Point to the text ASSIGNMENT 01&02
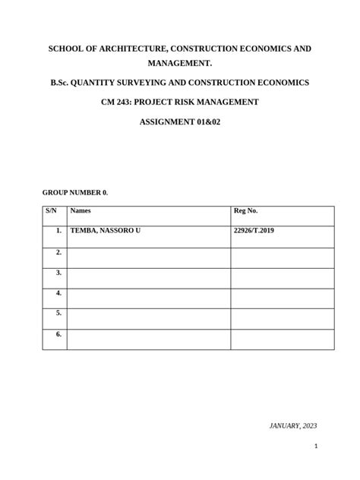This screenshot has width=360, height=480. [179, 122]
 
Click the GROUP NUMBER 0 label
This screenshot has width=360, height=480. [75, 193]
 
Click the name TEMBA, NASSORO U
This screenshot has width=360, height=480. [105, 230]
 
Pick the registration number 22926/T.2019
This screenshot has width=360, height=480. [254, 230]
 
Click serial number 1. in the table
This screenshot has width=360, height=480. [58, 230]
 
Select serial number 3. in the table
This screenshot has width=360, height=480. [58, 272]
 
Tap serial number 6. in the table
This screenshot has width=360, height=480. [58, 333]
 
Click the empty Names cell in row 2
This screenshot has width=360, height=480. [148, 257]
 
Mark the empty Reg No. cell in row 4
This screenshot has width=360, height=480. [282, 298]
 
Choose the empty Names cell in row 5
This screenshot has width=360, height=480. [148, 319]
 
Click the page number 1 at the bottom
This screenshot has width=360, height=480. [315, 447]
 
